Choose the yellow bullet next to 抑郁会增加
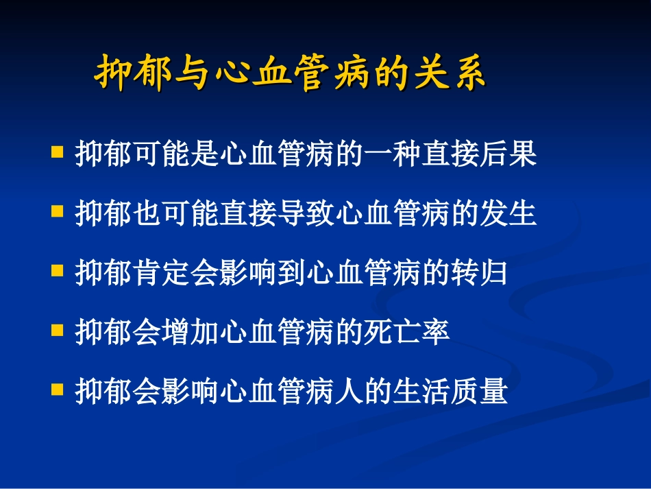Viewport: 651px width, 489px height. pos(58,330)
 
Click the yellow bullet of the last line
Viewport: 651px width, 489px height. pos(58,389)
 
